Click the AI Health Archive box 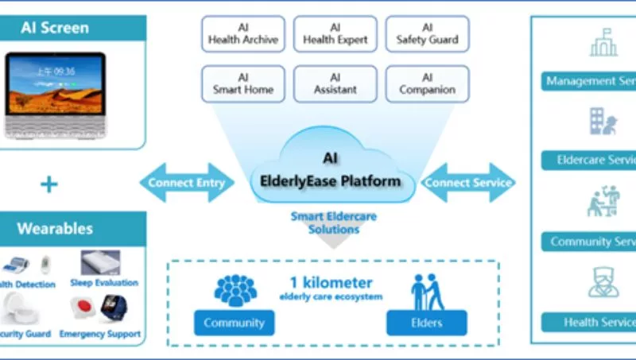(x=243, y=34)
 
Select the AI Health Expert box (x=335, y=34)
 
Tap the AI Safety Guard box (x=427, y=34)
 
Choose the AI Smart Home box (x=243, y=84)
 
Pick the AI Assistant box (x=335, y=84)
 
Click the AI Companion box (x=427, y=84)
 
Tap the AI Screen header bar (x=72, y=27)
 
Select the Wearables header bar (x=72, y=229)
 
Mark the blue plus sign (x=49, y=185)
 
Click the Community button (x=234, y=323)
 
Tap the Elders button (x=426, y=323)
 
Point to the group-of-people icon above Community (x=235, y=290)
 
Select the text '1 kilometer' (x=331, y=283)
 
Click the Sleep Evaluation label (x=110, y=283)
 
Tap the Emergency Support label (x=100, y=335)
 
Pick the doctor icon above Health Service (x=603, y=282)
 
